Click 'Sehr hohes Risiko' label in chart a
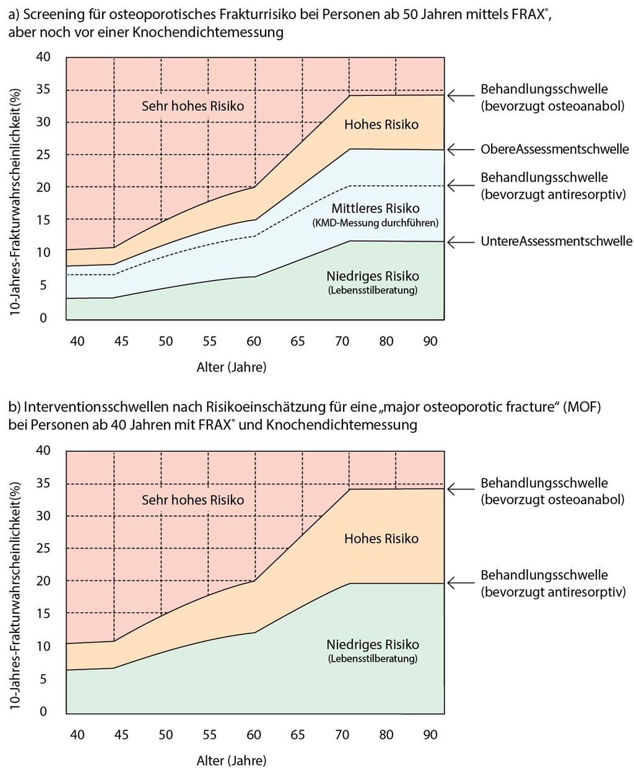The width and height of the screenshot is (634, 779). click(x=193, y=106)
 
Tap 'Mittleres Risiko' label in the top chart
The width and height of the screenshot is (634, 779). click(x=375, y=208)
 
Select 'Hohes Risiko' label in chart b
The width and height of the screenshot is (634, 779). click(x=381, y=539)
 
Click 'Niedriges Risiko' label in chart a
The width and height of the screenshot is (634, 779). click(x=373, y=276)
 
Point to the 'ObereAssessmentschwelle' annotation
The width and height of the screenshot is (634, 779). click(x=555, y=149)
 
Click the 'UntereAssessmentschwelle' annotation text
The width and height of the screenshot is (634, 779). click(x=557, y=242)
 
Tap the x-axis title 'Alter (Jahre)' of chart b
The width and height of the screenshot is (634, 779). click(x=231, y=760)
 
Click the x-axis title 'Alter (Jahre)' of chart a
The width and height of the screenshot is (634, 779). click(x=231, y=367)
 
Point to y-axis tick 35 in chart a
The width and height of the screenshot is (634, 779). click(x=44, y=90)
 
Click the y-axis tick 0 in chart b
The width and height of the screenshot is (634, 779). click(x=44, y=712)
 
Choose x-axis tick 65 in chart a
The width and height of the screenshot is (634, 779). click(x=297, y=341)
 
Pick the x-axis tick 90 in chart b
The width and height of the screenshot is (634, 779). click(x=430, y=734)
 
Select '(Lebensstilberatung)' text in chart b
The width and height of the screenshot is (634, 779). click(x=373, y=659)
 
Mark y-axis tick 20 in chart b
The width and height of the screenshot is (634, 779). click(x=44, y=581)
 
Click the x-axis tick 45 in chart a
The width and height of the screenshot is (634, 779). click(x=121, y=341)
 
